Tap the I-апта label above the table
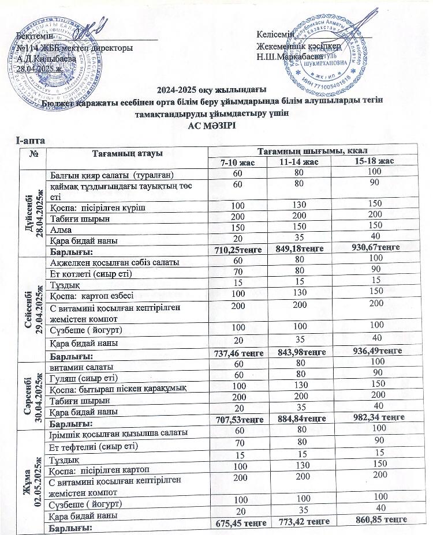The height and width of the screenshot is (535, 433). pyautogui.click(x=32, y=140)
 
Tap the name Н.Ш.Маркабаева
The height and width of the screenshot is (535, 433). pyautogui.click(x=290, y=57)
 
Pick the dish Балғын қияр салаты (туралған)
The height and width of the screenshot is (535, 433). pyautogui.click(x=111, y=174)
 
